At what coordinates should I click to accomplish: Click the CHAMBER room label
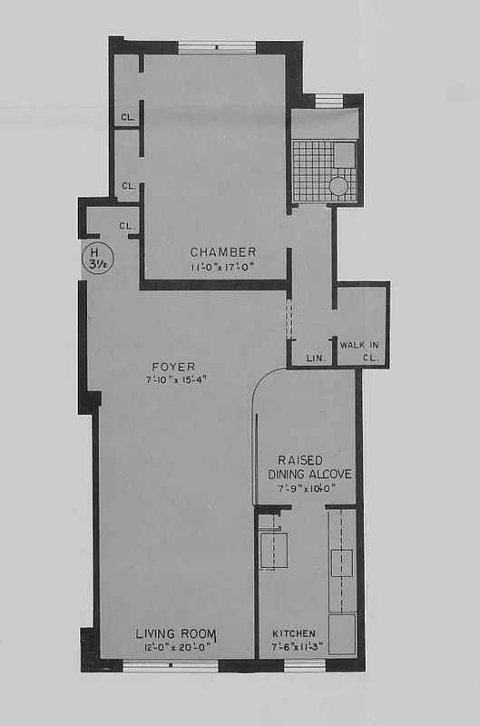point(223,251)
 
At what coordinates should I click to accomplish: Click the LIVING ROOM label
point(175,633)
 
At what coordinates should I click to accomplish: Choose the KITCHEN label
point(295,633)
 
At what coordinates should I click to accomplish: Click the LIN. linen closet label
point(315,358)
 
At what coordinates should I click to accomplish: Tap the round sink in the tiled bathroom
point(338,186)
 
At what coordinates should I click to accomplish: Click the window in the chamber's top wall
point(216,46)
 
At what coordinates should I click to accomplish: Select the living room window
point(171,667)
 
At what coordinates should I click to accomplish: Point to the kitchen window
point(305,667)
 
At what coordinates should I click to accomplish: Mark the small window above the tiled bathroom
point(328,100)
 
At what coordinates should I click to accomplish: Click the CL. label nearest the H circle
point(128,225)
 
